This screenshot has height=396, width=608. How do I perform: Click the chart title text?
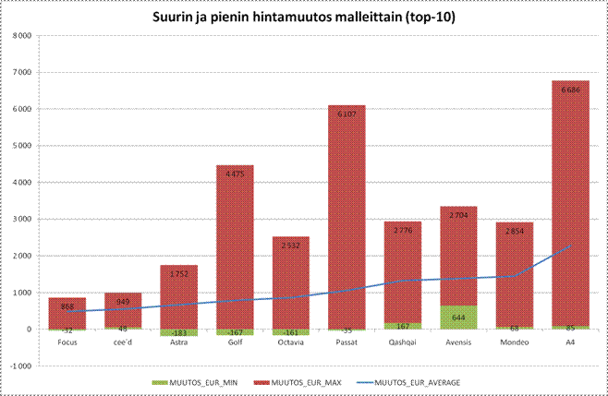304,17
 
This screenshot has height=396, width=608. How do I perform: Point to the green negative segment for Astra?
178,332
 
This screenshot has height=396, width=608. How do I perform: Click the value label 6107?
347,114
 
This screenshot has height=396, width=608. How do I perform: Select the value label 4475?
235,174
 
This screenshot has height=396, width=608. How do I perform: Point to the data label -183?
178,332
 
